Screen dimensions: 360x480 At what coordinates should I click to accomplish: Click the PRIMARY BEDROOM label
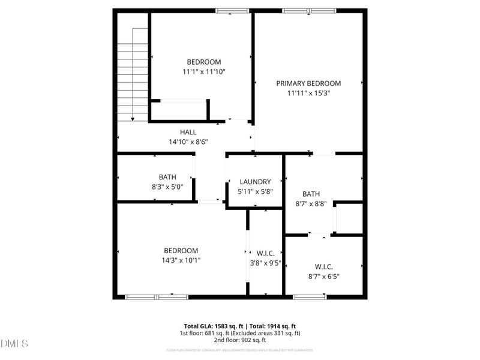308,83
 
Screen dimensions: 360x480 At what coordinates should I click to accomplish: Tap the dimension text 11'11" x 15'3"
308,93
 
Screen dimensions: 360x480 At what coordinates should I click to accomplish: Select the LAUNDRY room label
255,182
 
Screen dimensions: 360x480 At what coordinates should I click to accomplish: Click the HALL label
188,132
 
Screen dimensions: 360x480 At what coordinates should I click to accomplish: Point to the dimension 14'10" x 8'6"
188,142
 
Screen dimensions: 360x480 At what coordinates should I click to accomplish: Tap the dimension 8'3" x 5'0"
167,187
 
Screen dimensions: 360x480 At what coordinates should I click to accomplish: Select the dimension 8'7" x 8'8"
311,203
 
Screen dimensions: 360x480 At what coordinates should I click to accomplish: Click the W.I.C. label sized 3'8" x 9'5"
265,253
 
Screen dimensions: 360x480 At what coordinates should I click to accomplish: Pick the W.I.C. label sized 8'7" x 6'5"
323,266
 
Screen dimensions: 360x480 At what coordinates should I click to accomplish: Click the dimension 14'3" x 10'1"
181,260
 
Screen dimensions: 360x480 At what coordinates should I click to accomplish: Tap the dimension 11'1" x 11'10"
204,71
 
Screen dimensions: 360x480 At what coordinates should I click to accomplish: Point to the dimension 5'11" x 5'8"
255,191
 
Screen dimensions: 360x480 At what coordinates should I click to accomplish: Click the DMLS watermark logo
14,343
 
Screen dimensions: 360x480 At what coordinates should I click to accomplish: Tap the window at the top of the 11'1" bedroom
232,10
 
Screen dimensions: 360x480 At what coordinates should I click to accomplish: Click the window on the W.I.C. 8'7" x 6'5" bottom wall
310,296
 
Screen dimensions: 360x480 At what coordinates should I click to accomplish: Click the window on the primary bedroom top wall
310,10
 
